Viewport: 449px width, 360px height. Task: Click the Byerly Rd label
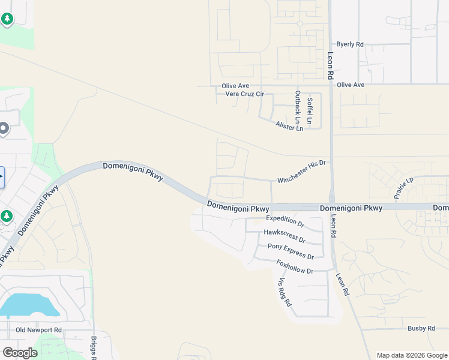(350, 44)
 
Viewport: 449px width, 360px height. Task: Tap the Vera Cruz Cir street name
(244, 94)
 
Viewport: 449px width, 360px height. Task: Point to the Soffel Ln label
(309, 111)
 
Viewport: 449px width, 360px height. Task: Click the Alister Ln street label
(289, 126)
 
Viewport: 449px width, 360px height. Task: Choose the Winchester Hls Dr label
(301, 172)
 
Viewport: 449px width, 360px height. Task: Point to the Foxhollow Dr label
(295, 267)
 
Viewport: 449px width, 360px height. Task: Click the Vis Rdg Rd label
(284, 293)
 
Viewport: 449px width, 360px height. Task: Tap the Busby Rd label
(421, 328)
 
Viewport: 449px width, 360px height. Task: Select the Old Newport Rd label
(38, 330)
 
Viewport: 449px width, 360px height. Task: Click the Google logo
(20, 353)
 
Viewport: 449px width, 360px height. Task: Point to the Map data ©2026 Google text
(411, 355)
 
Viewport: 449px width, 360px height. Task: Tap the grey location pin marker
(4, 128)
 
